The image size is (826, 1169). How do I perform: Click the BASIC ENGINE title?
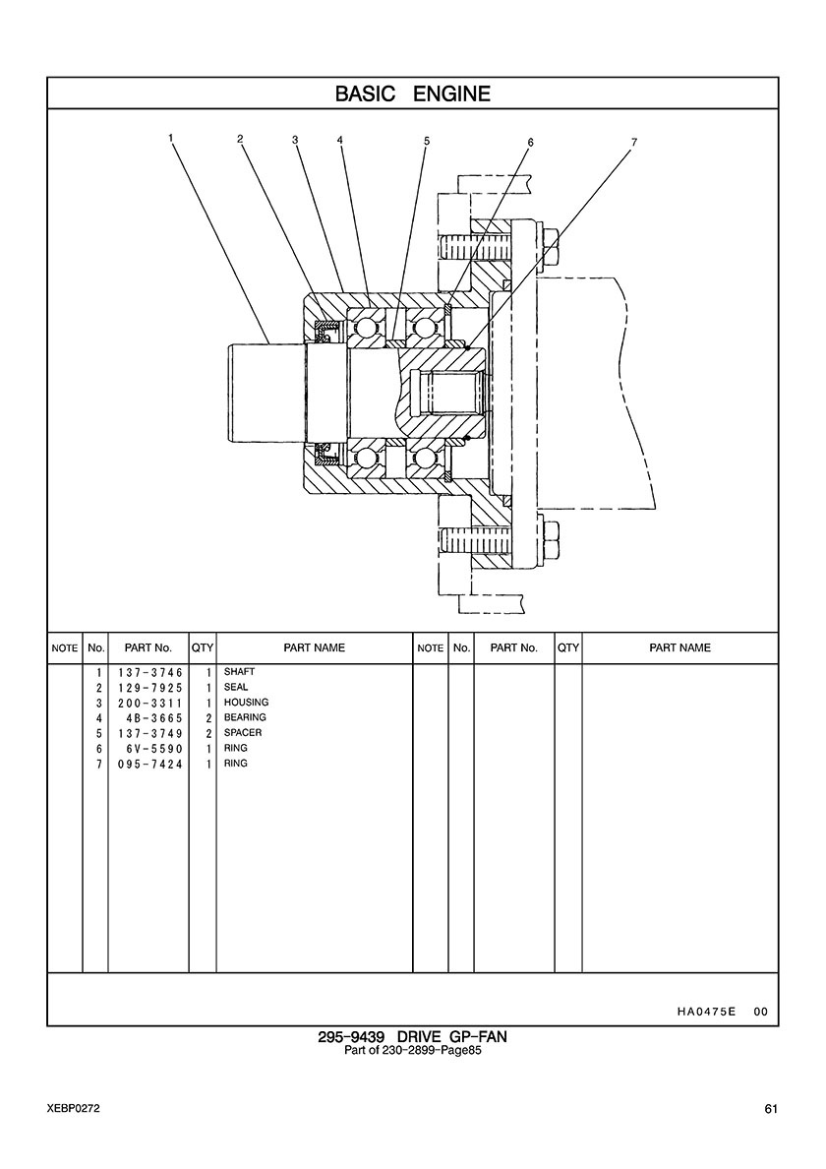click(412, 94)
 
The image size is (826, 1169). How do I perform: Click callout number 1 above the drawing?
click(171, 138)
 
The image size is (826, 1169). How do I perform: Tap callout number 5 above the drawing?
click(427, 141)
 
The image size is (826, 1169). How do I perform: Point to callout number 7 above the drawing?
click(634, 142)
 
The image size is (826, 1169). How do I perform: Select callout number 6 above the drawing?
click(530, 142)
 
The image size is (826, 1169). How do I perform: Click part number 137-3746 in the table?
click(146, 672)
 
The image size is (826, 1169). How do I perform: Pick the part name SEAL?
click(236, 687)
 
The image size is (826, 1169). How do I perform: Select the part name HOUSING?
click(246, 703)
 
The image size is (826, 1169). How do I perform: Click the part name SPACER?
click(243, 733)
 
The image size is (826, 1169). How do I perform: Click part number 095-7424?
click(146, 765)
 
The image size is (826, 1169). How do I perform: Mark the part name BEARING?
click(245, 717)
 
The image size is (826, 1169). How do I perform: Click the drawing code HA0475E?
click(706, 1012)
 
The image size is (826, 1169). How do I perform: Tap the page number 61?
click(771, 1109)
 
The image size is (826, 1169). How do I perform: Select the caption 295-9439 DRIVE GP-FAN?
click(412, 1037)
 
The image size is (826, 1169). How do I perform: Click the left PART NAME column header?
click(314, 648)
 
